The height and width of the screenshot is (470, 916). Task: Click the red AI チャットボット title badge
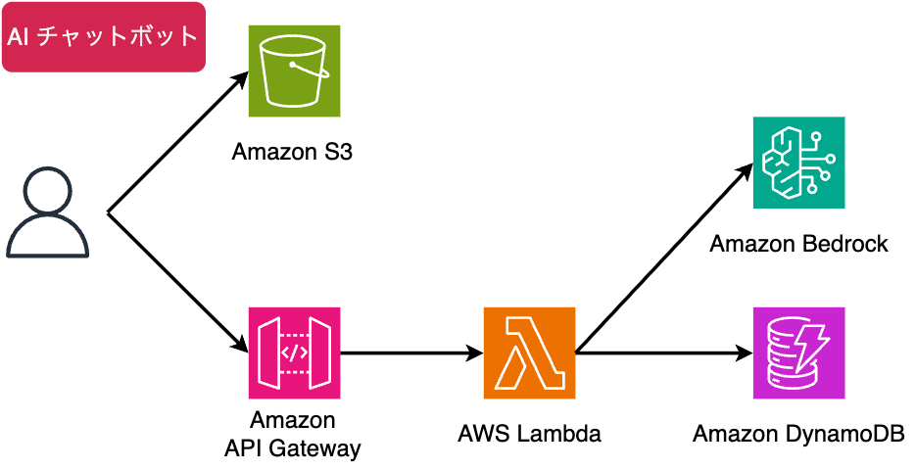pyautogui.click(x=103, y=37)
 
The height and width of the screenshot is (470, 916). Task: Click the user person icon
pyautogui.click(x=47, y=212)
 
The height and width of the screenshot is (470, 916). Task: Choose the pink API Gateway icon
pyautogui.click(x=294, y=352)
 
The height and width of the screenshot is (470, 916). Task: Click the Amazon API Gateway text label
pyautogui.click(x=293, y=435)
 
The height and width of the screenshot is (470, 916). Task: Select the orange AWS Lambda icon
pyautogui.click(x=529, y=352)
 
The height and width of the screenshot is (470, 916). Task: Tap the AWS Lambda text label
pyautogui.click(x=529, y=433)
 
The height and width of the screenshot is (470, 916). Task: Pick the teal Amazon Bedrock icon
pyautogui.click(x=798, y=163)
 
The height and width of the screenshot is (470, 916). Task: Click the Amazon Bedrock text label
pyautogui.click(x=798, y=244)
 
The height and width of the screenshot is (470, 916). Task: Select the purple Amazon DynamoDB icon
pyautogui.click(x=798, y=352)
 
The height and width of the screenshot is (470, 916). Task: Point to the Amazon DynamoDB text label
pyautogui.click(x=798, y=433)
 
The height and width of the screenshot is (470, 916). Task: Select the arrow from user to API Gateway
pyautogui.click(x=176, y=282)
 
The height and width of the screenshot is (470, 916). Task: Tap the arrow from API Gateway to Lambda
pyautogui.click(x=411, y=352)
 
